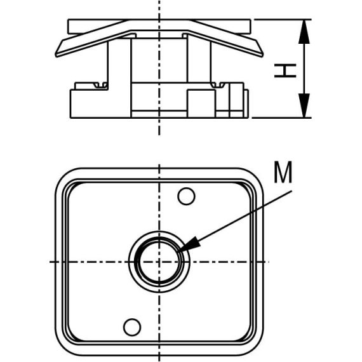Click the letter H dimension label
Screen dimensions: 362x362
(286, 69)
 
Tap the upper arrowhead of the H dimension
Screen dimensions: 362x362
(305, 29)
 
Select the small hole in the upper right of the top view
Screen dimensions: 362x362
(186, 197)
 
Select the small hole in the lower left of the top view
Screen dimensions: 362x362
(131, 327)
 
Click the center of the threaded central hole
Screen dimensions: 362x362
(159, 262)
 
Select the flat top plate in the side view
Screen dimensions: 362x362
(159, 26)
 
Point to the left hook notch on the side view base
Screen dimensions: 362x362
(98, 84)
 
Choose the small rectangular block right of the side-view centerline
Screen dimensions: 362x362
(201, 103)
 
